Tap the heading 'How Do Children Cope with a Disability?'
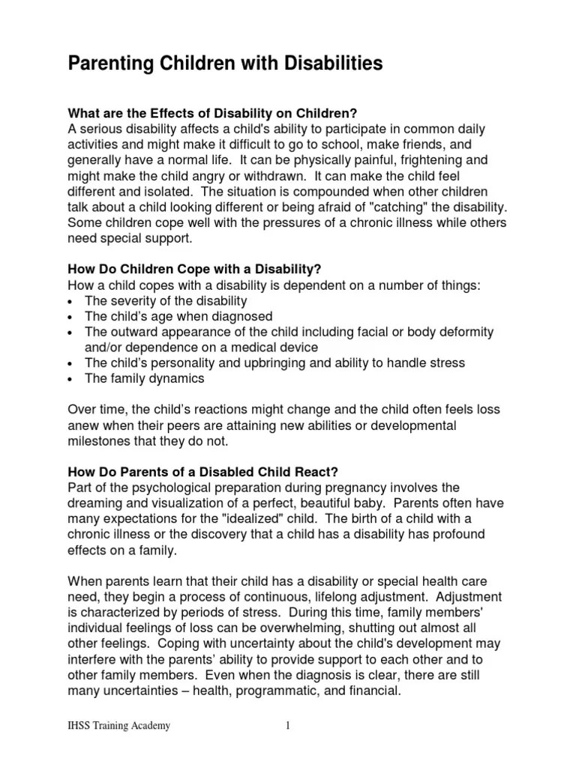click(x=195, y=269)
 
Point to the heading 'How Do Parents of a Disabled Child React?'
click(x=203, y=472)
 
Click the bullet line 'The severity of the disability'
click(x=165, y=300)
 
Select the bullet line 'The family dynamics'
click(x=144, y=378)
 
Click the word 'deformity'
click(x=461, y=331)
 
